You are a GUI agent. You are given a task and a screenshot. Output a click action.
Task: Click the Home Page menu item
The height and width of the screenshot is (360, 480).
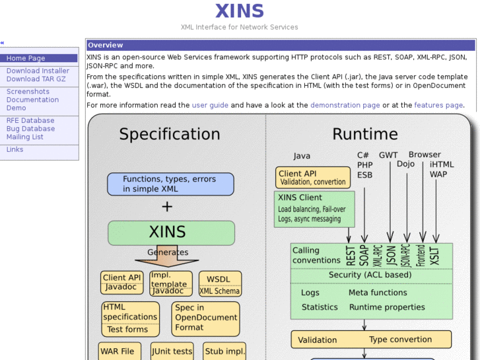26,58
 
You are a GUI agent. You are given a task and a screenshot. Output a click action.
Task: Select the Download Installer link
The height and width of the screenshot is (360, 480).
38,71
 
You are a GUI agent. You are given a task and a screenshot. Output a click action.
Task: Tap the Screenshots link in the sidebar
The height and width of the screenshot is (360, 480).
28,92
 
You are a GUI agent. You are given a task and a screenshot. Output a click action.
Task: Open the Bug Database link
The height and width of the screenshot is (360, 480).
30,129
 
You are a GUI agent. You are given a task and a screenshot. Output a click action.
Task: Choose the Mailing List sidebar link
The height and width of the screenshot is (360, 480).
25,137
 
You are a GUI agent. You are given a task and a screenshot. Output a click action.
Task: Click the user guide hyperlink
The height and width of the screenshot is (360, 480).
210,105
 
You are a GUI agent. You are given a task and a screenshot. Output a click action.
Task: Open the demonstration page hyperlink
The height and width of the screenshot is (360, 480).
345,105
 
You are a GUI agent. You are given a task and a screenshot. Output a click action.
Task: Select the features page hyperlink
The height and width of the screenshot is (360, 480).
438,105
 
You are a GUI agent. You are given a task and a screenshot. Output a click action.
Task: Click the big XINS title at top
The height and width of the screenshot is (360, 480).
239,11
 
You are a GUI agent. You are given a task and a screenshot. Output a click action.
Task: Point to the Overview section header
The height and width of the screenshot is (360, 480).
106,45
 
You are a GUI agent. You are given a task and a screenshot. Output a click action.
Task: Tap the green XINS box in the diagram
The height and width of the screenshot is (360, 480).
171,233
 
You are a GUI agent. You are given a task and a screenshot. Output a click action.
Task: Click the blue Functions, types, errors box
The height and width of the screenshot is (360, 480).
170,184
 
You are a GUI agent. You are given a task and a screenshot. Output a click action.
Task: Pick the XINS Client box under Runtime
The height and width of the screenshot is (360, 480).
314,208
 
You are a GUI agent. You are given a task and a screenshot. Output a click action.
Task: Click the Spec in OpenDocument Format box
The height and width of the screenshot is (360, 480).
205,318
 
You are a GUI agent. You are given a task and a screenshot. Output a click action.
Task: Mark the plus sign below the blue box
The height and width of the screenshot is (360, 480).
167,207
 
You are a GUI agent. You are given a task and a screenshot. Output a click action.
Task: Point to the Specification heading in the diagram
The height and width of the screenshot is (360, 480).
169,134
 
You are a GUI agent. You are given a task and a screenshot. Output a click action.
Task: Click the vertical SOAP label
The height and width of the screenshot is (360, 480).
364,255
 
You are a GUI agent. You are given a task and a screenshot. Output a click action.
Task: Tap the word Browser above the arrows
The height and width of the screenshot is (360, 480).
425,155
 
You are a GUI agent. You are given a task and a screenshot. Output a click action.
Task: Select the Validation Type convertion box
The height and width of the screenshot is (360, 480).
371,340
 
